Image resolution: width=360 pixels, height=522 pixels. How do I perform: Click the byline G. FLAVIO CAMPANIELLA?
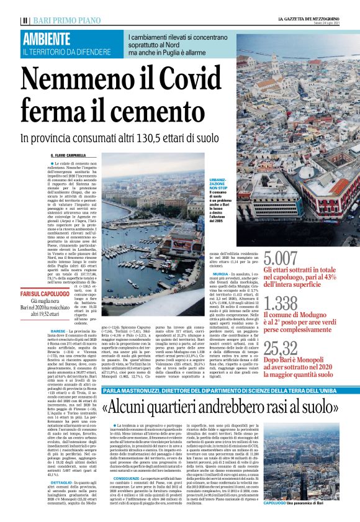72,155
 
